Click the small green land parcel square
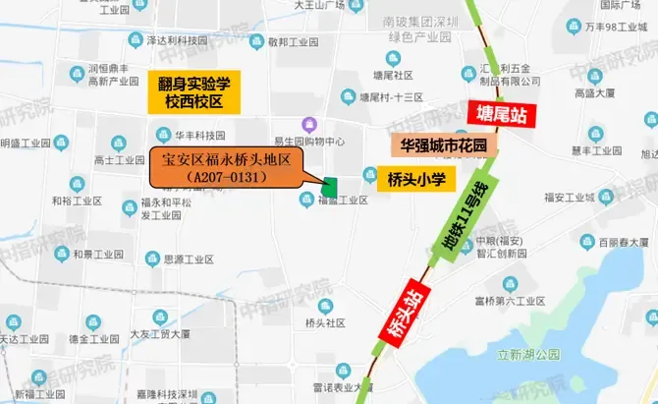coord(330,185)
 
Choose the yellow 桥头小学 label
coord(411,179)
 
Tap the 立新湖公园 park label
coord(527,353)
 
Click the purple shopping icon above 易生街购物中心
coord(310,124)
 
